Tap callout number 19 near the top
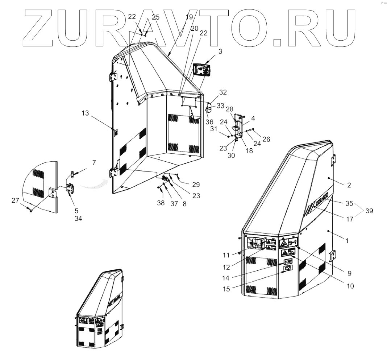coord(190,17)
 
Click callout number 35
coord(349,204)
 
